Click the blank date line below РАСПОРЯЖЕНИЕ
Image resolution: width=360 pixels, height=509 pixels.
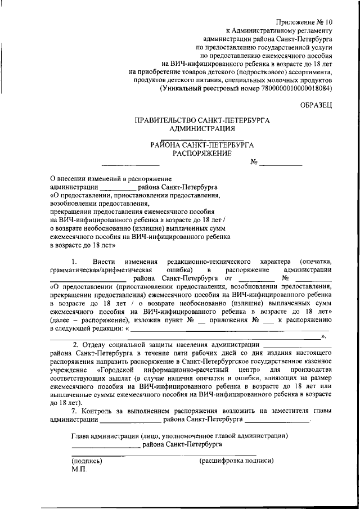click(x=130, y=164)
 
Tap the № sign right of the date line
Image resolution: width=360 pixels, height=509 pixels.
click(x=254, y=162)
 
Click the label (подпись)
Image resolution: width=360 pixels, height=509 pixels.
click(x=86, y=460)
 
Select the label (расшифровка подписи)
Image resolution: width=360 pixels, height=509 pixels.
click(x=237, y=460)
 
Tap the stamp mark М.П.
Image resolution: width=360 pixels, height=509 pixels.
click(x=79, y=469)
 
